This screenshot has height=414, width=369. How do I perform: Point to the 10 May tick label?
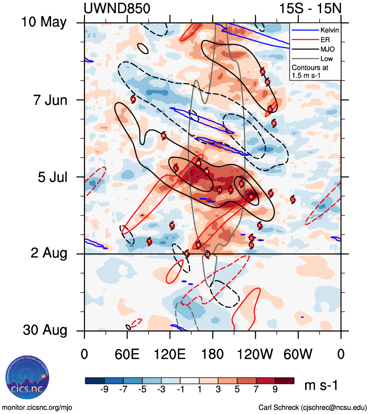[44, 22]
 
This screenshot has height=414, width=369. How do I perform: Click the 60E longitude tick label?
[127, 354]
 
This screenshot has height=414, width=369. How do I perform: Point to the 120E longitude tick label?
[170, 354]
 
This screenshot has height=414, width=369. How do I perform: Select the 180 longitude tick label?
[213, 354]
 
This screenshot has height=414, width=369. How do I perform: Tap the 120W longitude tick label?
[255, 354]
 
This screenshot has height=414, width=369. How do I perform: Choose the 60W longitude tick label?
[298, 354]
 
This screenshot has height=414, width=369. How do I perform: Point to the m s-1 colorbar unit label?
[321, 386]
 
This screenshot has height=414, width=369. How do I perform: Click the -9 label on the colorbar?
[104, 391]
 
